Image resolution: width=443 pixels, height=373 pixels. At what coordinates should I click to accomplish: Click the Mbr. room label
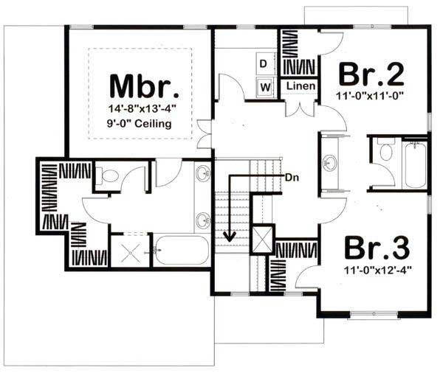point(145,86)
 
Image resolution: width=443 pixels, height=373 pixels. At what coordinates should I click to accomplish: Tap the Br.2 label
point(371,74)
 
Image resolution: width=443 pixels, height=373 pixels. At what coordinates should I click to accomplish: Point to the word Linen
point(300,87)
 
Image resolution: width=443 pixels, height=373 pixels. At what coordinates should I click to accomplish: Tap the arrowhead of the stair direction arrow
point(230,237)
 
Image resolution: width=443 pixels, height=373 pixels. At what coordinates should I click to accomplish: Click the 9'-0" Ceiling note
point(144,124)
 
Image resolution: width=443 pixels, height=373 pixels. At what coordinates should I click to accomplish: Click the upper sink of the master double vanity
point(203,174)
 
